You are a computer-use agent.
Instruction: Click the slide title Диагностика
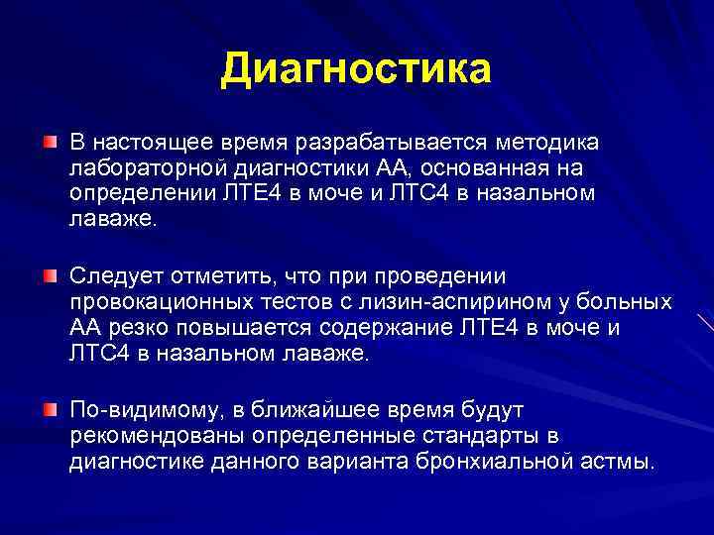[x=356, y=69]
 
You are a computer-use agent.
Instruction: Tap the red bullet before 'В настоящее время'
[x=50, y=146]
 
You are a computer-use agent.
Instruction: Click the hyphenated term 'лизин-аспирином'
[x=464, y=300]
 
